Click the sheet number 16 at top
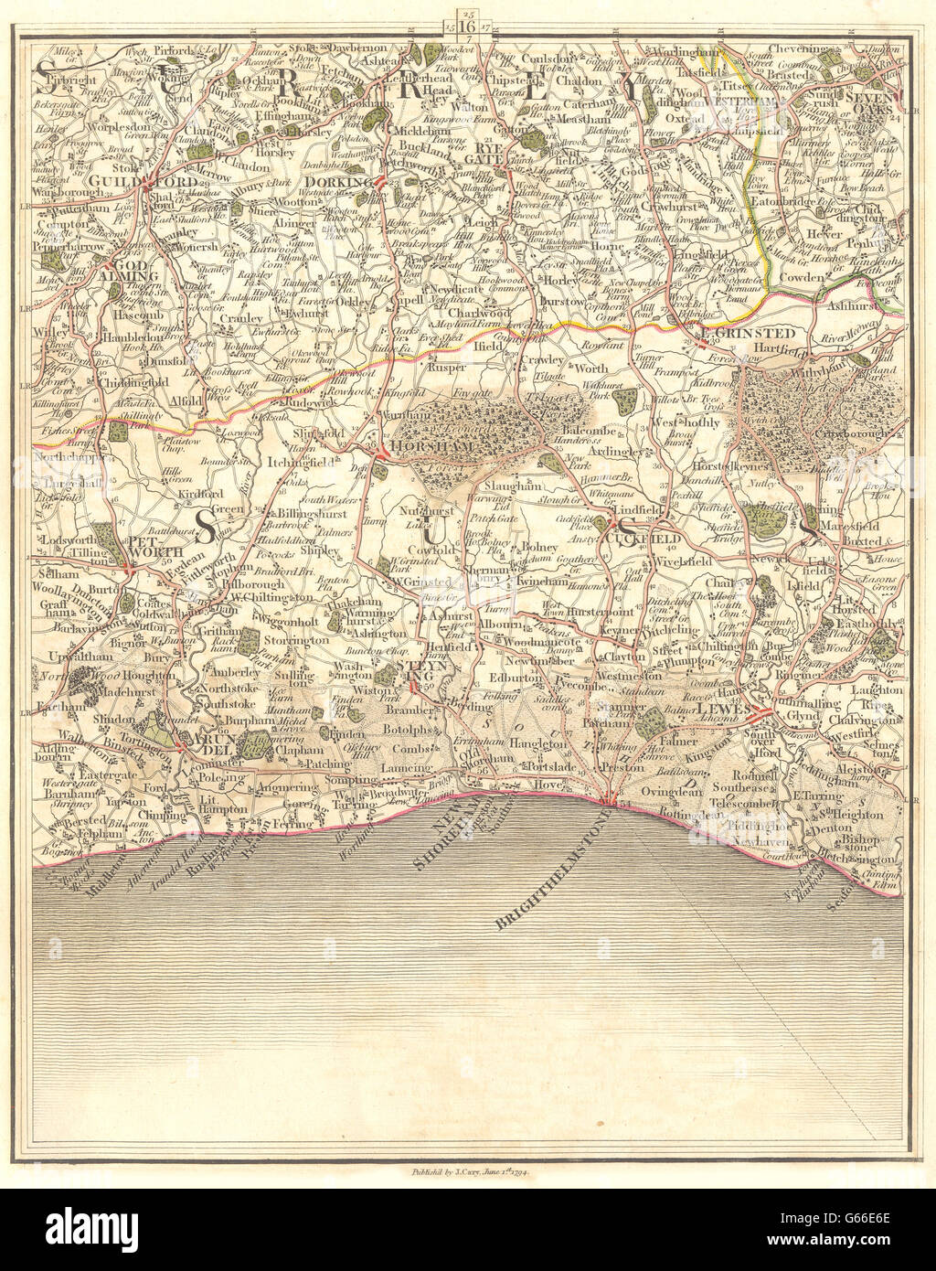(x=466, y=26)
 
